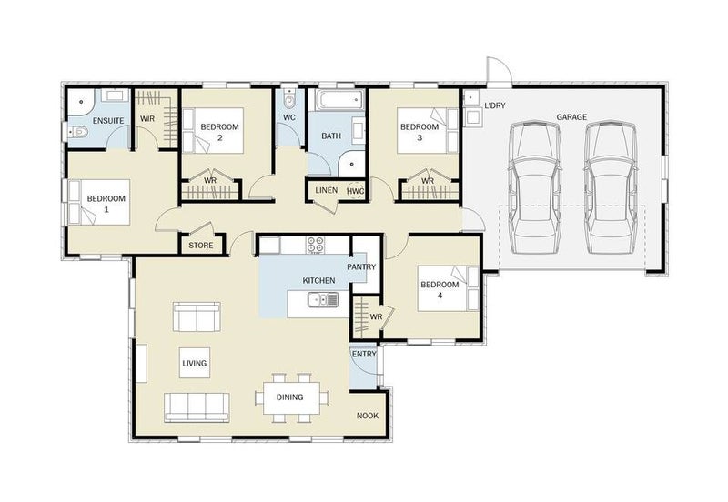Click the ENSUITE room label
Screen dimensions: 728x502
[x=108, y=121]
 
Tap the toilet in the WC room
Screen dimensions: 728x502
[x=288, y=97]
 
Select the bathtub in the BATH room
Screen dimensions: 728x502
[x=339, y=100]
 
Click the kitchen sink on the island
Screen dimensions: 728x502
[x=323, y=300]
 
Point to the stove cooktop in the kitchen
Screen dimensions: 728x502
[x=316, y=245]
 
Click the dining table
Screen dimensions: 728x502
[x=291, y=397]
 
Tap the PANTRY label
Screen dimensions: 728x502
[x=361, y=267]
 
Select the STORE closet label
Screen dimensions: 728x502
[x=201, y=246]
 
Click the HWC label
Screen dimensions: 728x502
[x=355, y=191]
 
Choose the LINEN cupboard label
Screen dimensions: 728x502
[x=327, y=191]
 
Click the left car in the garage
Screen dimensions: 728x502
[x=534, y=187]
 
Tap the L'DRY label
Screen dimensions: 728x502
[x=495, y=105]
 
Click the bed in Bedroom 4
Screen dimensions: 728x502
[x=448, y=288]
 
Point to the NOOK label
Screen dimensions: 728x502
[x=368, y=416]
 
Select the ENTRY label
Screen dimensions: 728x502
[x=365, y=355]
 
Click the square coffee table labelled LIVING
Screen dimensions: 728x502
[x=195, y=363]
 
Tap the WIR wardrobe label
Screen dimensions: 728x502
[x=147, y=119]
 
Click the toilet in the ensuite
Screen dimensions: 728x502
[x=77, y=133]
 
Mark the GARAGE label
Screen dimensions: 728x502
[x=571, y=117]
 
